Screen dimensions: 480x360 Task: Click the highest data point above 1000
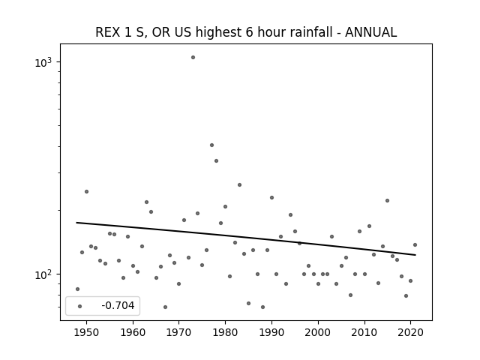pos(193,57)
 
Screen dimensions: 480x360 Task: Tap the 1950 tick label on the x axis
pos(87,332)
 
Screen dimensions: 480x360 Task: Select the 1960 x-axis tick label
pos(133,332)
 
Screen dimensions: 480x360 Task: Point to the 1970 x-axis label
pos(179,332)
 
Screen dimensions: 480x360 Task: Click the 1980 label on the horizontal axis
pos(225,332)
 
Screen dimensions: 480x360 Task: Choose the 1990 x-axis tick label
pos(271,332)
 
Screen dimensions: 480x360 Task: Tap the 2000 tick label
pos(318,332)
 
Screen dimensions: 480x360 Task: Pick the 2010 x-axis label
pos(364,332)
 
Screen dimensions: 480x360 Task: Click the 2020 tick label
pos(410,332)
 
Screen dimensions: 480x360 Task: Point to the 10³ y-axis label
pos(43,62)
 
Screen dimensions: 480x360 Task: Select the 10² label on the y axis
pos(43,274)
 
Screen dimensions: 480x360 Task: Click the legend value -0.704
pos(118,305)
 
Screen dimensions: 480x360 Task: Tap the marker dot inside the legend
pos(80,306)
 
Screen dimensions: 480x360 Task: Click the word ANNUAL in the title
pos(370,32)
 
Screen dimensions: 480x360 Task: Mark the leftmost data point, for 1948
pos(77,289)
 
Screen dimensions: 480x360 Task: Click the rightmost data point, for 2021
pos(415,245)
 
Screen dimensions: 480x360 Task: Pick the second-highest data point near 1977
pos(211,145)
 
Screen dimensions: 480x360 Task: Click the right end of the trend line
pos(415,255)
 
